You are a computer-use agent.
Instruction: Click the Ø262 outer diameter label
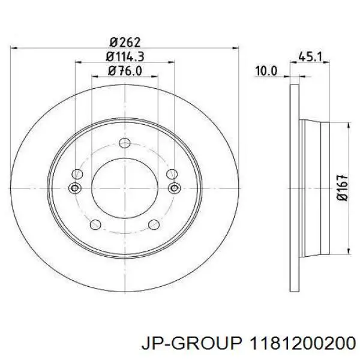coord(125,42)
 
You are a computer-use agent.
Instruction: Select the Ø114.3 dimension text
coord(125,56)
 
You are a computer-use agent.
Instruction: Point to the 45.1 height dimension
coord(310,56)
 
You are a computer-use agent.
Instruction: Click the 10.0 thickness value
coord(266,71)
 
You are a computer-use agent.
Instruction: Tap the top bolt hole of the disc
coord(125,143)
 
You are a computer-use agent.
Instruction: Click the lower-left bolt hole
coord(95,224)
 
